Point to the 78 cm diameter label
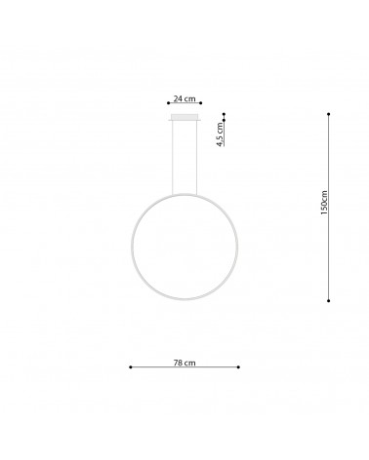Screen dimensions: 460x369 click(184, 363)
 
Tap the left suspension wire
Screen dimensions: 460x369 click(174, 156)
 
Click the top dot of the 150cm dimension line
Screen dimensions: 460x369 click(330, 114)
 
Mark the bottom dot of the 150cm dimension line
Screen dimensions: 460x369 click(330, 300)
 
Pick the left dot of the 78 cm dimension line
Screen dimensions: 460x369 click(131, 367)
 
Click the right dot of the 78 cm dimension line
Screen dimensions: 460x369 click(237, 367)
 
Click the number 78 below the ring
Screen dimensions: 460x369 click(178, 363)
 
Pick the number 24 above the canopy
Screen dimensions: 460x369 click(178, 99)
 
